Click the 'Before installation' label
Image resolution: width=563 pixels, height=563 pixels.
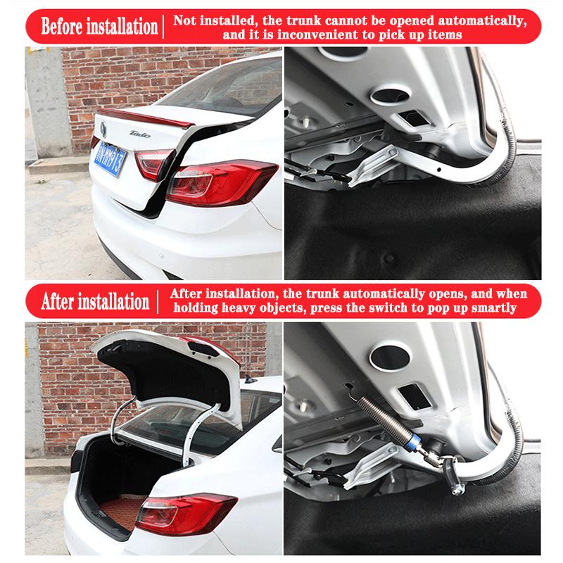[99, 27]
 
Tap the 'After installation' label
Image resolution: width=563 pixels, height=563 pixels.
[95, 303]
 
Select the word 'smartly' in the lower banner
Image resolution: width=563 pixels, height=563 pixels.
[493, 308]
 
